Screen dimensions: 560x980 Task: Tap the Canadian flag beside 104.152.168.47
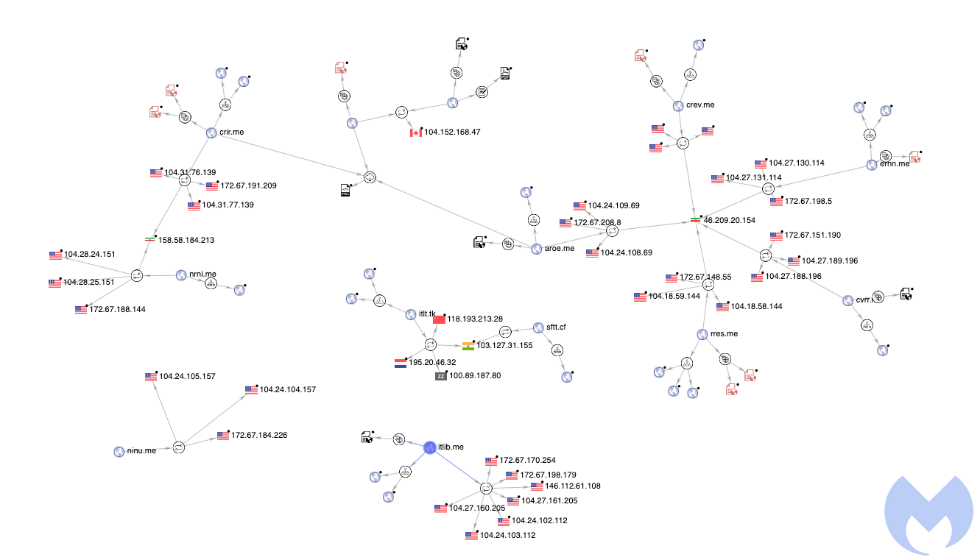point(416,132)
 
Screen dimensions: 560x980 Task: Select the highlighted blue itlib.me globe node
point(430,447)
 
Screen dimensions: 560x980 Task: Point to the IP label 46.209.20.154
point(730,220)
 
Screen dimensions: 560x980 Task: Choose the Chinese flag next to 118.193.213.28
point(440,319)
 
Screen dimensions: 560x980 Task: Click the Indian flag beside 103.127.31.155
point(468,345)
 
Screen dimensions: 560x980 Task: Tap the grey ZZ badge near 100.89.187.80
point(441,376)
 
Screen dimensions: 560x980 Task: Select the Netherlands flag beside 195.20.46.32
point(401,363)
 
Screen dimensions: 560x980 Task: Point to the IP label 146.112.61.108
point(572,486)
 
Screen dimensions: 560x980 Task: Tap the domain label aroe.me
point(560,249)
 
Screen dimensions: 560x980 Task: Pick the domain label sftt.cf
point(556,327)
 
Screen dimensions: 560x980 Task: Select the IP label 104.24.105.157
point(187,376)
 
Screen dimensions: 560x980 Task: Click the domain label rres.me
point(724,334)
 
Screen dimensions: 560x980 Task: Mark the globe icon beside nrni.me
point(182,275)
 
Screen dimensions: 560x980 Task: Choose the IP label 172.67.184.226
point(259,436)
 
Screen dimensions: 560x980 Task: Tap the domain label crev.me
point(700,105)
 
